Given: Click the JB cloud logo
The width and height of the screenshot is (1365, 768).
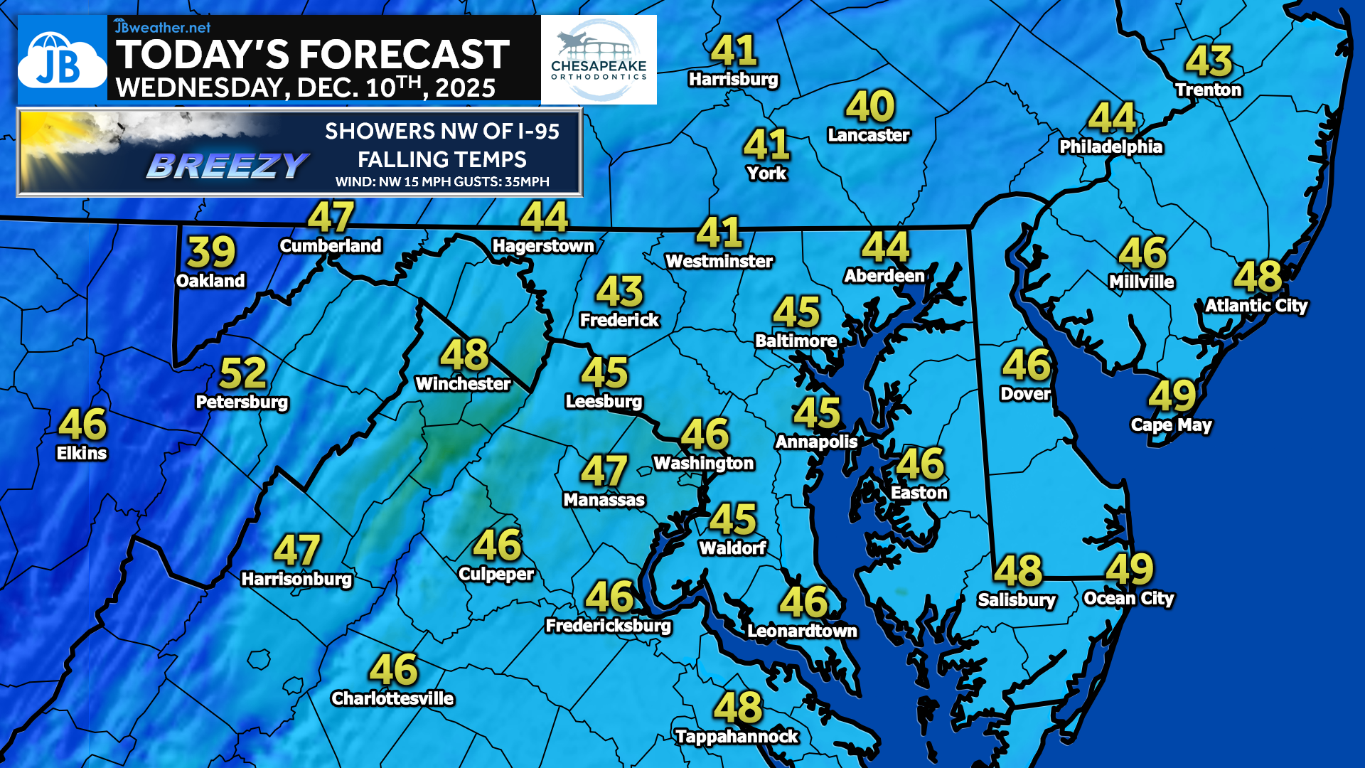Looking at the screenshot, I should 62,61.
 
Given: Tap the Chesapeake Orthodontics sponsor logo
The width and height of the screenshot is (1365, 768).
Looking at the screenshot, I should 599,60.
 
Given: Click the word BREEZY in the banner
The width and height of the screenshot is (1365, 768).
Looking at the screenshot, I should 227,166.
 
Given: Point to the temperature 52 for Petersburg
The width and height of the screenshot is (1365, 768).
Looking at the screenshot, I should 243,373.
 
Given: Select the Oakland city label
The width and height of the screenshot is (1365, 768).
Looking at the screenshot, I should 210,281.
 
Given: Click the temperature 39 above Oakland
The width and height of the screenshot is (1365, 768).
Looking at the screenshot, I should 212,252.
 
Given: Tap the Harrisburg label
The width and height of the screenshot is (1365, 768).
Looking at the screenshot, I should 733,79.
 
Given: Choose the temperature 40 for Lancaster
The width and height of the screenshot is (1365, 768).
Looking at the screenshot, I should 870,107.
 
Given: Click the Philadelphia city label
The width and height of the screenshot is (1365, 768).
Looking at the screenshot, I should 1110,146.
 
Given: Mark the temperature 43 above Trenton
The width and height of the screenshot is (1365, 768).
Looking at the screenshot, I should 1209,61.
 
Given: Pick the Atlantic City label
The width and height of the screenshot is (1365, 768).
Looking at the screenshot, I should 1256,306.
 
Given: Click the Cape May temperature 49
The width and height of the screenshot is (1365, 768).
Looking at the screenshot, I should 1172,395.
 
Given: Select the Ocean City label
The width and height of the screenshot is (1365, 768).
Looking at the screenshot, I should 1128,599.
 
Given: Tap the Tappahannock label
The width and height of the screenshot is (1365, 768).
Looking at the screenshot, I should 737,737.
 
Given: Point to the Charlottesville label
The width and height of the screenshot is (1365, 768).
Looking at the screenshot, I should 392,698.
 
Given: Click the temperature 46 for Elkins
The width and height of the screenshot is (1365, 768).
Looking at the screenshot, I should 82,425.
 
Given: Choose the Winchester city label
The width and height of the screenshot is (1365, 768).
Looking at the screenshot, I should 463,384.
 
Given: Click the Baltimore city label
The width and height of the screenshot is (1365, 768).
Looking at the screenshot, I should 796,341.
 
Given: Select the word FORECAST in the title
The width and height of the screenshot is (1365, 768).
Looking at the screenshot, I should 404,55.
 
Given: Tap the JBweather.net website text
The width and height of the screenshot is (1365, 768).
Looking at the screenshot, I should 163,27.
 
